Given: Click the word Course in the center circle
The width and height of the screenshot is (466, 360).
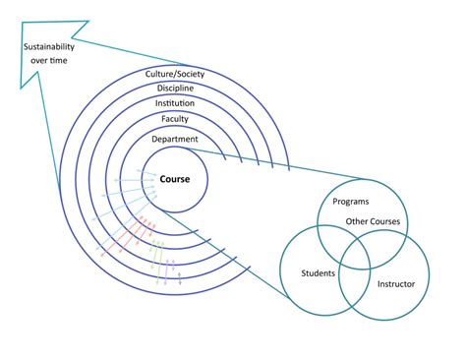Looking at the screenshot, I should (175, 180).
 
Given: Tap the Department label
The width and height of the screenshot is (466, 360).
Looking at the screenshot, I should (175, 140).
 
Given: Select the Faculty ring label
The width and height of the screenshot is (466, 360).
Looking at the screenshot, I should (175, 120).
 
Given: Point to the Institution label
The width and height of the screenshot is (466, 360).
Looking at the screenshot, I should (175, 103).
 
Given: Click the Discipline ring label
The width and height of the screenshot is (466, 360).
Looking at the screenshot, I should (175, 88).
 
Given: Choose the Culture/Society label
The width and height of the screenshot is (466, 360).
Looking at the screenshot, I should (175, 72).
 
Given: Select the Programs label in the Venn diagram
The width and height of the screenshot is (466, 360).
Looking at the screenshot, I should (350, 202).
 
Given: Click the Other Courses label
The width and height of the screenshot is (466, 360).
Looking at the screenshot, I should (373, 221).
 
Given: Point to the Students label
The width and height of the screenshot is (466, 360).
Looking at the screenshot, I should (318, 272).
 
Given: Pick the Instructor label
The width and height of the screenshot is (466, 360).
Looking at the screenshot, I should (396, 284).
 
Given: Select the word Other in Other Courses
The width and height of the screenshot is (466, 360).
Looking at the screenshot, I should (357, 221).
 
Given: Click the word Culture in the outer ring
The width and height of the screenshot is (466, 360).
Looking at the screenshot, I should (160, 72).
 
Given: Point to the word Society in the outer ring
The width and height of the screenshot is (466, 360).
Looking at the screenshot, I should (193, 72).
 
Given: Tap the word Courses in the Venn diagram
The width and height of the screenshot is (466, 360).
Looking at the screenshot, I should (384, 221).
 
